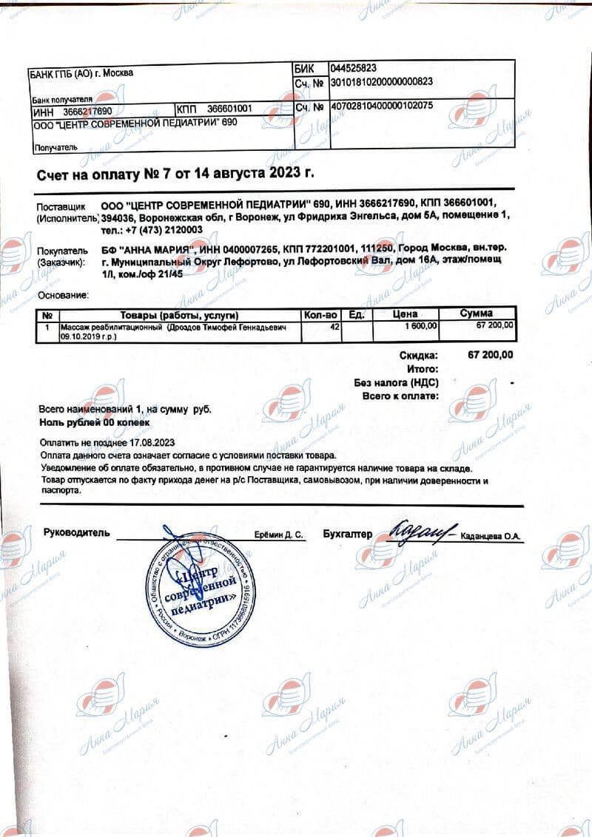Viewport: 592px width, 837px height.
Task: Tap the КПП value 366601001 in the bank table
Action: (x=229, y=109)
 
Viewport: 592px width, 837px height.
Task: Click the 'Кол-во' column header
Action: (x=321, y=315)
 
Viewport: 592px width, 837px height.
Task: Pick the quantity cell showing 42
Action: (x=334, y=326)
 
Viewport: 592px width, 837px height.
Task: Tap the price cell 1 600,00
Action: (x=422, y=326)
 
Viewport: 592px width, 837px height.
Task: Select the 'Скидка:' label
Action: (x=419, y=355)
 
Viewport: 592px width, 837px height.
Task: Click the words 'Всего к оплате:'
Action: (x=400, y=396)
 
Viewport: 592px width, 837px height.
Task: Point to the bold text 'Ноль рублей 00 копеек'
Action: (x=94, y=421)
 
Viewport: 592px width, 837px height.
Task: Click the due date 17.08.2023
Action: (x=154, y=442)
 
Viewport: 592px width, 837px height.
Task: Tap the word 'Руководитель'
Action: (x=76, y=532)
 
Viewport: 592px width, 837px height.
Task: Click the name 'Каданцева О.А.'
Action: (x=491, y=536)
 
